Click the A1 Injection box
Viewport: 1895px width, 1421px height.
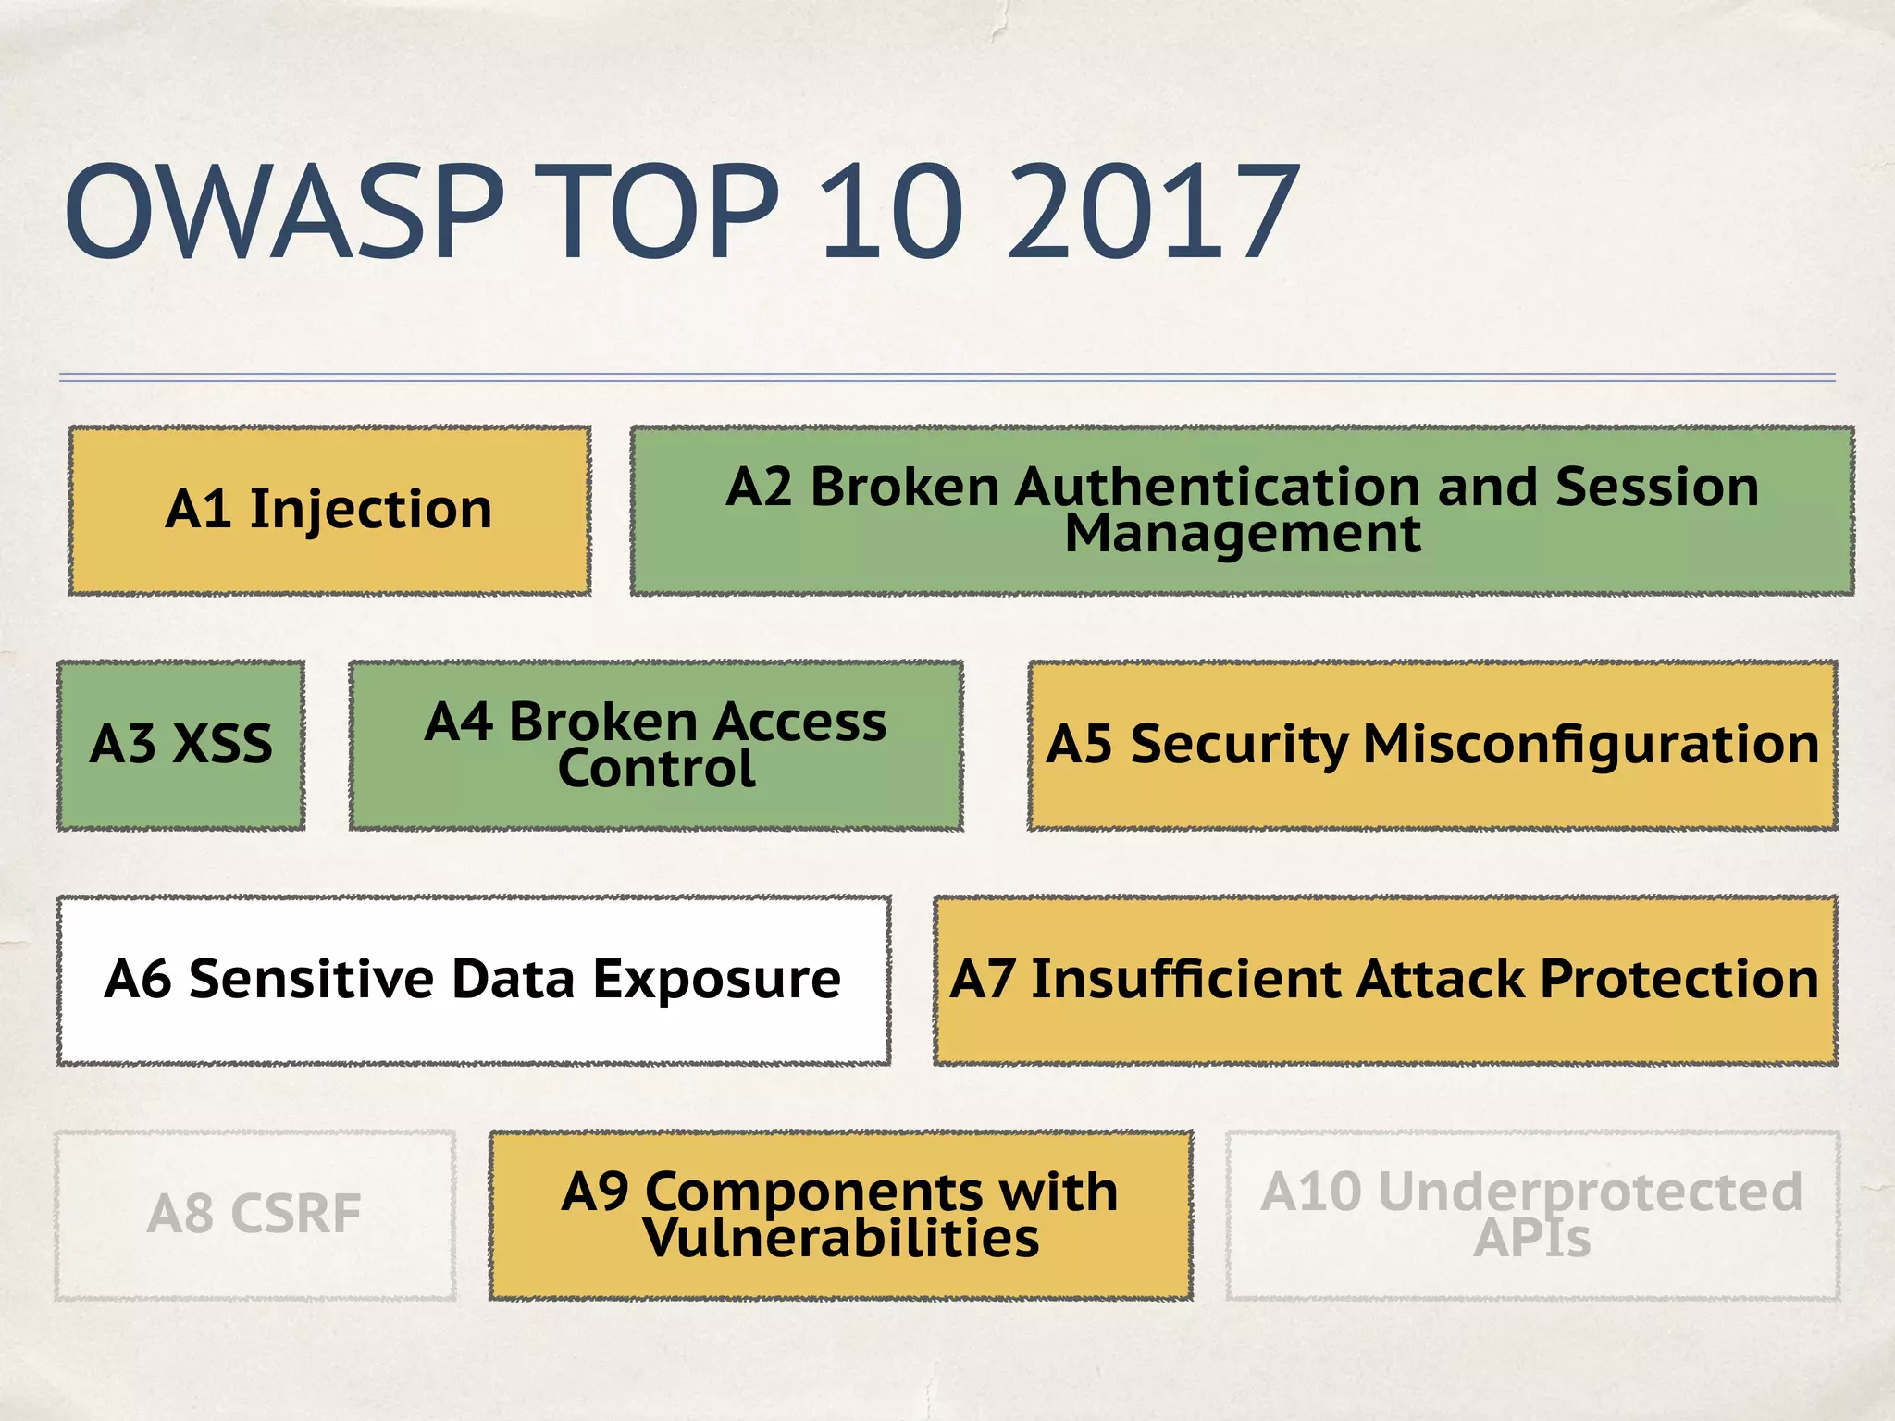click(329, 510)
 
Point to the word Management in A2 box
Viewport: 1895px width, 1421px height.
click(1242, 535)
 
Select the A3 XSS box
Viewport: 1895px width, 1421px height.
click(180, 745)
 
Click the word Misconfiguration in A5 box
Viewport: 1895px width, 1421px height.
click(1591, 745)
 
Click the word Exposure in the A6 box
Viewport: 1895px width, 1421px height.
click(716, 980)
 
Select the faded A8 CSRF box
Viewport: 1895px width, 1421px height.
click(254, 1215)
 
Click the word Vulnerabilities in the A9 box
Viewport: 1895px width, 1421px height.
click(841, 1240)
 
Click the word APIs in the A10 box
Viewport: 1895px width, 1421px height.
click(1531, 1240)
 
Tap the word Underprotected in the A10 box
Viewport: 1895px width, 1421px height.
click(1590, 1192)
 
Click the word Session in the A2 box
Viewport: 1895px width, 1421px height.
click(1656, 487)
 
